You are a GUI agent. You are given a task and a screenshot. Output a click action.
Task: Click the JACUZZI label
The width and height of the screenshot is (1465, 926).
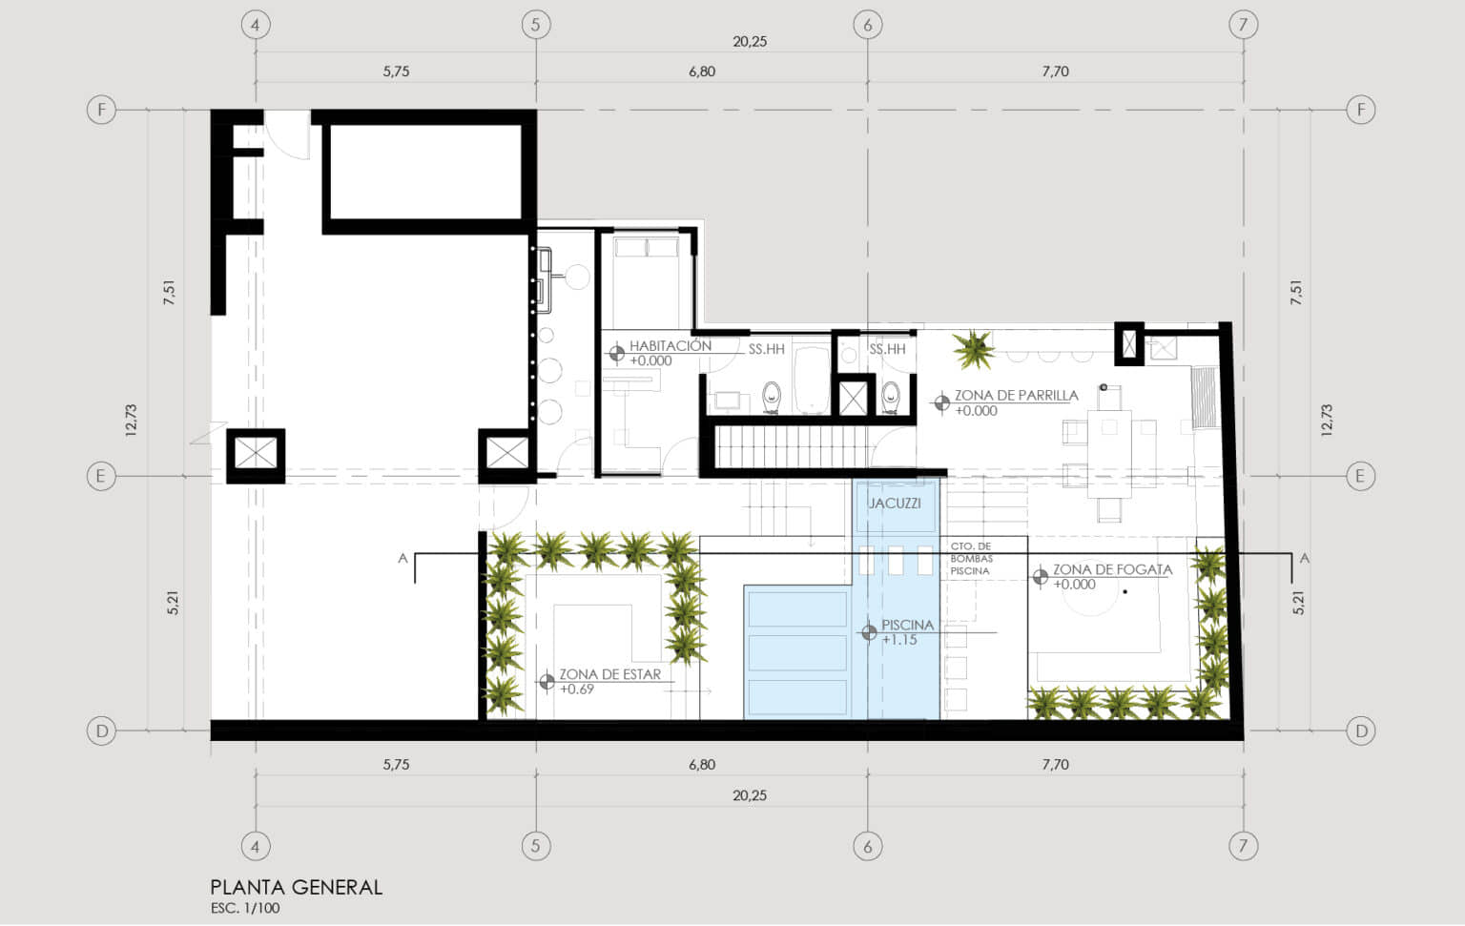(895, 503)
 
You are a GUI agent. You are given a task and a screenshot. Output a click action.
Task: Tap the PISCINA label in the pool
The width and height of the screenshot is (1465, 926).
(907, 626)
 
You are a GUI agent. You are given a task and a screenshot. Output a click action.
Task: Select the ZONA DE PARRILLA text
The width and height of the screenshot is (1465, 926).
(1017, 395)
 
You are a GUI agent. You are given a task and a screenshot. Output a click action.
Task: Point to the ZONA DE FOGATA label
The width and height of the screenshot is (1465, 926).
(1112, 569)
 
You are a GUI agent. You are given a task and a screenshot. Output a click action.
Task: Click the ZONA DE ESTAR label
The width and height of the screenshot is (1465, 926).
(609, 674)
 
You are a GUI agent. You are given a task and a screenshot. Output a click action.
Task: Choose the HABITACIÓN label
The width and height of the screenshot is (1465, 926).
(671, 345)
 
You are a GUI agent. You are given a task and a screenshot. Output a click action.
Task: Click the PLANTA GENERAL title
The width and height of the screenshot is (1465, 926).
(297, 888)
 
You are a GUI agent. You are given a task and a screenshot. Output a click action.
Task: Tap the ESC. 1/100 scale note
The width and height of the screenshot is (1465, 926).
(244, 908)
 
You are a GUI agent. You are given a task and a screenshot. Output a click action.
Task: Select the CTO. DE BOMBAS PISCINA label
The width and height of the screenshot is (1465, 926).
(971, 559)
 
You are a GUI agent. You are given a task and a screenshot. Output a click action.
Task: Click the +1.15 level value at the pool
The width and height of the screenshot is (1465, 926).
(899, 640)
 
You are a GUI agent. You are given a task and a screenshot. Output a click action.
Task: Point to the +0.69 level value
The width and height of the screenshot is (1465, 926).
(577, 689)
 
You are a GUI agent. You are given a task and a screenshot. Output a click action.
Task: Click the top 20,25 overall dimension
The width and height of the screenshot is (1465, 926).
(750, 42)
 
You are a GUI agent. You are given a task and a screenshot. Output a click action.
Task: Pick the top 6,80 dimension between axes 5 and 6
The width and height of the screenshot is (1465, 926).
(702, 72)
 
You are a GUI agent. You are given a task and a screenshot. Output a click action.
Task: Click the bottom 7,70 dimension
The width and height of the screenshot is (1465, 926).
(1055, 765)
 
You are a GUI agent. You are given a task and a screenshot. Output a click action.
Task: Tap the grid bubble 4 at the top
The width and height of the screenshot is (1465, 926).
(255, 25)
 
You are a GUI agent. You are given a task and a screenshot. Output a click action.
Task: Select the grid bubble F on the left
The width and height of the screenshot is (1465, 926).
(101, 110)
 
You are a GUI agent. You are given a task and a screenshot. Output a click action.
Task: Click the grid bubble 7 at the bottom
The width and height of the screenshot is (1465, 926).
(1243, 846)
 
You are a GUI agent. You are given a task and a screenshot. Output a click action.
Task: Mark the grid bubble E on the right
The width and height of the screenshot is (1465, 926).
(1360, 476)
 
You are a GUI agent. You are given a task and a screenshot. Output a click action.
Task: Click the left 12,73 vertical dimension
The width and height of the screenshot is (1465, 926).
(131, 420)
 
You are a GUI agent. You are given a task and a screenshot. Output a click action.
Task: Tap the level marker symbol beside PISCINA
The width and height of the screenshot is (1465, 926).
(869, 632)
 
